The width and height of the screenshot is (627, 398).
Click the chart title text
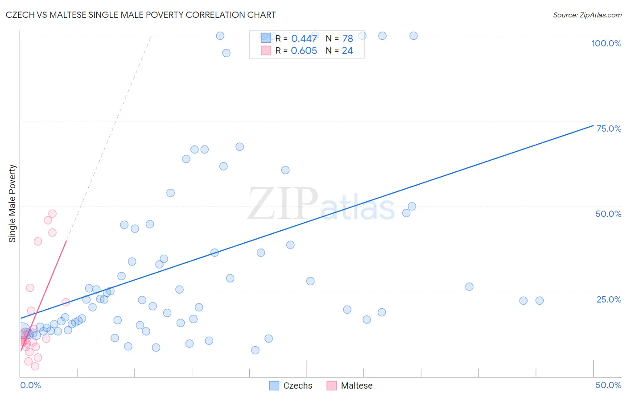pyautogui.click(x=140, y=15)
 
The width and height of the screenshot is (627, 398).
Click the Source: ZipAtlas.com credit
pyautogui.click(x=587, y=15)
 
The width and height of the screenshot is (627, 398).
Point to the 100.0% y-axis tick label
pyautogui.click(x=606, y=43)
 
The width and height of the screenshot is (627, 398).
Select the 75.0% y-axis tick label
pyautogui.click(x=609, y=129)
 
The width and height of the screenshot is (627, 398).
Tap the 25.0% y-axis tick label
pyautogui.click(x=609, y=299)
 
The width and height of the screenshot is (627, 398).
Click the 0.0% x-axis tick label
pyautogui.click(x=30, y=385)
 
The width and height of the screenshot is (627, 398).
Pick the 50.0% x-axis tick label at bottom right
pyautogui.click(x=608, y=385)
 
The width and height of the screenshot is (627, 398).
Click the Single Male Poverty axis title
pyautogui.click(x=12, y=203)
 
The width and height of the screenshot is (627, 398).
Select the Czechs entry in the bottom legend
pyautogui.click(x=297, y=386)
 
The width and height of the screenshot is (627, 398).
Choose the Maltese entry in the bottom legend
pyautogui.click(x=356, y=386)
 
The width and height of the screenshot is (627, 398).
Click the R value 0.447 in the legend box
pyautogui.click(x=304, y=39)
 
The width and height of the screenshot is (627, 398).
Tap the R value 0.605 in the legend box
pyautogui.click(x=304, y=51)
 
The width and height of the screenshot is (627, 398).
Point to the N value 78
pyautogui.click(x=347, y=39)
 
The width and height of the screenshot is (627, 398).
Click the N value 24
pyautogui.click(x=347, y=51)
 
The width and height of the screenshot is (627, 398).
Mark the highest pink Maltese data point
pyautogui.click(x=52, y=214)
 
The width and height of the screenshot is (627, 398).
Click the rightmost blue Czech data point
pyautogui.click(x=540, y=301)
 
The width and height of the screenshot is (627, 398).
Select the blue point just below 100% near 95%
pyautogui.click(x=226, y=53)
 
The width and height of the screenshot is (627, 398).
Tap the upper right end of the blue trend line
pyautogui.click(x=593, y=125)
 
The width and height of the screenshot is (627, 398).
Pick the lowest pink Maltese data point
pyautogui.click(x=35, y=366)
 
